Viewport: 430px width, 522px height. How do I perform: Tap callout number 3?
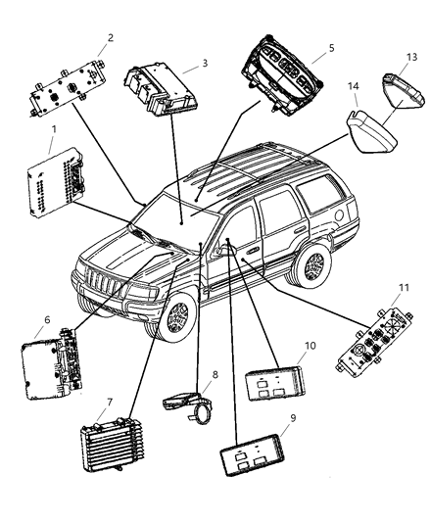tap(204, 63)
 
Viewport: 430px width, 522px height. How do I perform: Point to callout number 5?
tap(331, 46)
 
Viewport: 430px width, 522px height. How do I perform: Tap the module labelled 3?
tap(160, 86)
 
